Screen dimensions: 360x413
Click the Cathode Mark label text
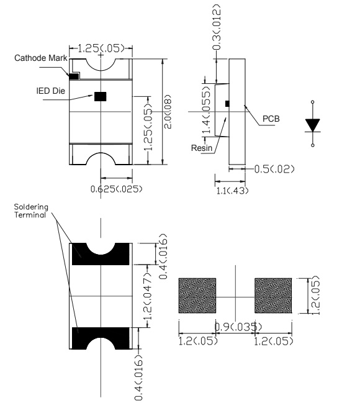40,58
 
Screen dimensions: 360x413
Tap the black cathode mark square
74,76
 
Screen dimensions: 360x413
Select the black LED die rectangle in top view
101,96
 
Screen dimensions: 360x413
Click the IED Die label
50,91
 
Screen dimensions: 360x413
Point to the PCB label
271,119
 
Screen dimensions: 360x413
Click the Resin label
202,148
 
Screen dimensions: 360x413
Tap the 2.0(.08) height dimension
168,111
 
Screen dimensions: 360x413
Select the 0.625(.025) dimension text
116,189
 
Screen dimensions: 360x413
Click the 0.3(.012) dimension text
217,27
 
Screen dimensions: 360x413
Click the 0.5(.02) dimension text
274,169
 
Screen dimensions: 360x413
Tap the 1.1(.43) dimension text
232,191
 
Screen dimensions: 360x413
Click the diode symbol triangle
313,125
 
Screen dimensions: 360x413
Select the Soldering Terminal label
31,211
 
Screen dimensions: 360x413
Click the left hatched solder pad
197,296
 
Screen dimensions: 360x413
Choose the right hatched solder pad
273,296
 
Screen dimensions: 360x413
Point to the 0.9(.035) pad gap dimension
238,327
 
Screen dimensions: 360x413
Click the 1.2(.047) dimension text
148,296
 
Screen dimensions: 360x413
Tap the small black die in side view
227,104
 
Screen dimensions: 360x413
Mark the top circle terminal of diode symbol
313,102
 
